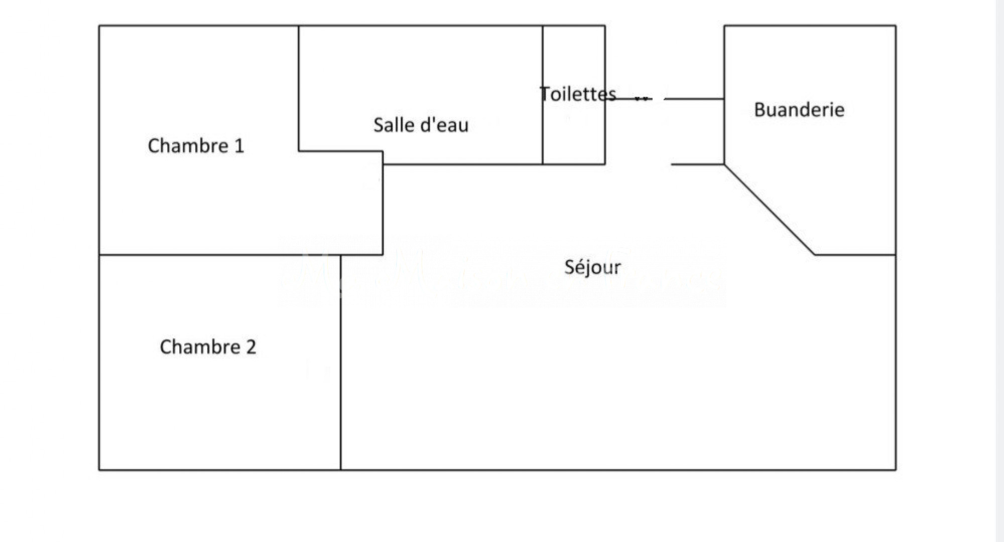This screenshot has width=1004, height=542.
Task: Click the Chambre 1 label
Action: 196,146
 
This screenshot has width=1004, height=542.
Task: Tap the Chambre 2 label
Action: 208,347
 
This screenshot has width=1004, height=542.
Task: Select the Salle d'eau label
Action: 421,125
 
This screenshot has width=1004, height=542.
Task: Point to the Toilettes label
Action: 577,94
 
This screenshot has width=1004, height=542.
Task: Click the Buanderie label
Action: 799,110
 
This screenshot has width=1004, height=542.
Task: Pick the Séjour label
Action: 592,267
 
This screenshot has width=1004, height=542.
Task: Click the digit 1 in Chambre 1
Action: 239,146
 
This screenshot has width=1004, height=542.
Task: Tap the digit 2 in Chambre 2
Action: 251,347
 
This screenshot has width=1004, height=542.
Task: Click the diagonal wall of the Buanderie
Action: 769,210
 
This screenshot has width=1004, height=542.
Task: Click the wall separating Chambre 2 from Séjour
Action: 341,361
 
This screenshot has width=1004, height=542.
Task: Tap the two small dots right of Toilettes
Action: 642,99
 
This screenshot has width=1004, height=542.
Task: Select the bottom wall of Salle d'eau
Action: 462,164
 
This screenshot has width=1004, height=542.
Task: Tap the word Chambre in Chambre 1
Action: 188,146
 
